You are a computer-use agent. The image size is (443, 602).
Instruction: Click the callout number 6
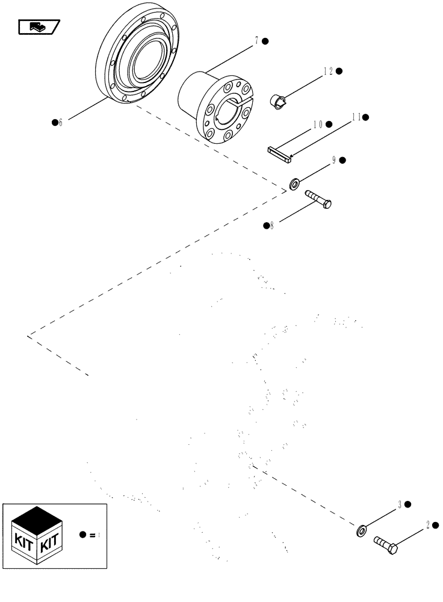pos(60,123)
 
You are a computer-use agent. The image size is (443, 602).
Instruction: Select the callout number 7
pos(256,41)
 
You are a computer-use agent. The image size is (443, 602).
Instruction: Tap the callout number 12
pos(328,71)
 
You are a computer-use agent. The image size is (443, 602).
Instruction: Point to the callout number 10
pos(317,125)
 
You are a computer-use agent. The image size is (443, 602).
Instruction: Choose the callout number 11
pos(356,117)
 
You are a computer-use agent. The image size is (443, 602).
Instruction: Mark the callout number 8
pos(271,226)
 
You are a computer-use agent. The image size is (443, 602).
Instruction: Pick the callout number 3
pos(399,504)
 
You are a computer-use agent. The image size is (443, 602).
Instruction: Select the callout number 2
pos(428,525)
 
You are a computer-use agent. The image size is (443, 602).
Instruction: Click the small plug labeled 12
pos(279,102)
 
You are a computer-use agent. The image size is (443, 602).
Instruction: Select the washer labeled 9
pos(296,183)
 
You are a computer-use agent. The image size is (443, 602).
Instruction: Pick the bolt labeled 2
pos(386,546)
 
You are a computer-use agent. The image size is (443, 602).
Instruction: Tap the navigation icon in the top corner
pos(38,26)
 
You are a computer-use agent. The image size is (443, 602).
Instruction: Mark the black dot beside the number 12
pos(339,71)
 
